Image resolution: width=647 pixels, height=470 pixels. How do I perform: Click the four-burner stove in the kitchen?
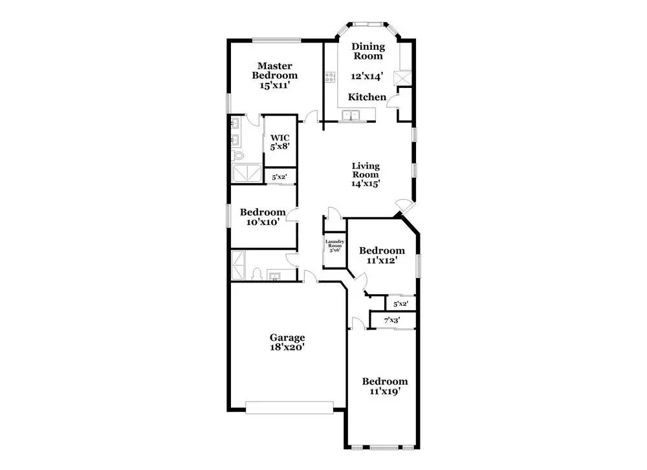point(330,77)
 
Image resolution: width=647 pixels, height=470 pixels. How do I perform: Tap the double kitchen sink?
point(350,115)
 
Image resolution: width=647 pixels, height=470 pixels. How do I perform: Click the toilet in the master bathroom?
point(238,155)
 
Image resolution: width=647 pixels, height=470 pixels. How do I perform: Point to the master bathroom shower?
point(247,173)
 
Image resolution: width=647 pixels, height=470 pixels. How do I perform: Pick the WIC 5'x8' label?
point(280,142)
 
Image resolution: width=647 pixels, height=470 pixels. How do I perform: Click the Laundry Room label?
point(334,244)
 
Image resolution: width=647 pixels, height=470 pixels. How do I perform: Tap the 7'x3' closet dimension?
point(392,320)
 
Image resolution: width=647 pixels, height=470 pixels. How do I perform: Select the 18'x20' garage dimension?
point(287,347)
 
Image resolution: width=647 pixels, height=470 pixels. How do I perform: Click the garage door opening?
point(289,407)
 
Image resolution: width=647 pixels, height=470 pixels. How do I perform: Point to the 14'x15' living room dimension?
point(366,184)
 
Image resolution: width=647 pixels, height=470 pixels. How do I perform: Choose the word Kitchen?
point(367,98)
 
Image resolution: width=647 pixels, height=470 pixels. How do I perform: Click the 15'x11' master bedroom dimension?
point(275,85)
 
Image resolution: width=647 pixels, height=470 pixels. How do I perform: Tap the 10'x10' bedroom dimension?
point(263,222)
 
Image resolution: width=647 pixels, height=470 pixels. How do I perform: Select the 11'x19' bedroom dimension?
point(385,391)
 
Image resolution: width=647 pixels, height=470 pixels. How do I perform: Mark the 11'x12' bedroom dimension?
point(382,261)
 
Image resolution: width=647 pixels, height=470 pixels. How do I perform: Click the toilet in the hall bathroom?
point(257,274)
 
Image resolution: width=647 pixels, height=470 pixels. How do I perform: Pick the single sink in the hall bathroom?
point(274,275)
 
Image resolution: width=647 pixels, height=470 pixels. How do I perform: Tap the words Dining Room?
point(368,51)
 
